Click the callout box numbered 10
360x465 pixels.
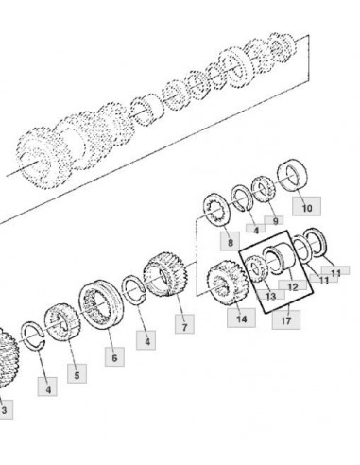[x=306, y=206]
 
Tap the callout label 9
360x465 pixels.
[x=274, y=220]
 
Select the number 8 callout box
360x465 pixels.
[x=230, y=241]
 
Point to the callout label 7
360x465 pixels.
[x=184, y=323]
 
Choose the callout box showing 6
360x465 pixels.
[x=114, y=356]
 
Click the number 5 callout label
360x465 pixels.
[x=77, y=373]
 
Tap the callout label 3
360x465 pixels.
[x=5, y=409]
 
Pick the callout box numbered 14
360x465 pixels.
[x=241, y=318]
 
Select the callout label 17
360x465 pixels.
[x=286, y=319]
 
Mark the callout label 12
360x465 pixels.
[x=292, y=285]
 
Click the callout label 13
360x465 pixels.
[x=270, y=295]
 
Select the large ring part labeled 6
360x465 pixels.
[x=101, y=304]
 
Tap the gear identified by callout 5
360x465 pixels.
[x=61, y=322]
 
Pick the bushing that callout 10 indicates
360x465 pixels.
[x=292, y=175]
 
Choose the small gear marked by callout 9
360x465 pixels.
[x=264, y=189]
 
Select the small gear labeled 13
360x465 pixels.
[x=256, y=268]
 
